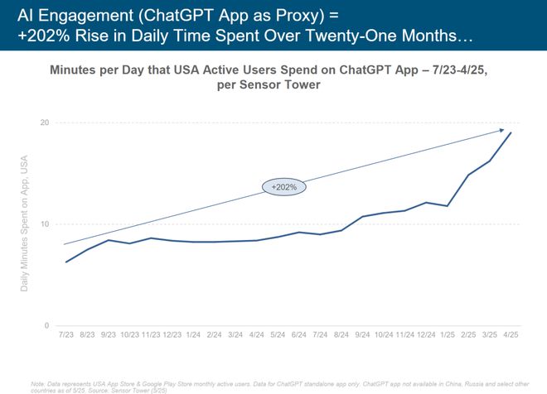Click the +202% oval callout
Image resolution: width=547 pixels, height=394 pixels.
pos(284,187)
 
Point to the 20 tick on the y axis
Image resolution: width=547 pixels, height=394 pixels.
pos(45,123)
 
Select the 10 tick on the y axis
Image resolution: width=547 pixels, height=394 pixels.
pos(45,224)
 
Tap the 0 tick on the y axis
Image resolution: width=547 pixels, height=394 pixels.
pos(47,325)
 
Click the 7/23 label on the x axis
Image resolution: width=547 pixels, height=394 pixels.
pos(65,334)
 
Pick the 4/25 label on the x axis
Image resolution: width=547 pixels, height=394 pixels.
pos(511,334)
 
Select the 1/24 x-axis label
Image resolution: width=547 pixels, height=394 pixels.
pos(193,334)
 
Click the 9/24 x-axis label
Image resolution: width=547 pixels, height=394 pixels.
pos(363,334)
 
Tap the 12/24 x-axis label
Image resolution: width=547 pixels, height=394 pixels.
pos(426,334)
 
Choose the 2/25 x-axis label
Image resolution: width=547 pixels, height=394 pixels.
pos(469,334)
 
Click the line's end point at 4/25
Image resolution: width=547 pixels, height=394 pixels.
pos(511,133)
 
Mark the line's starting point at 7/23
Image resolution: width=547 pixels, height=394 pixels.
pos(66,262)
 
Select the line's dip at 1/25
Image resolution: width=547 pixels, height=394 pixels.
pos(448,205)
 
